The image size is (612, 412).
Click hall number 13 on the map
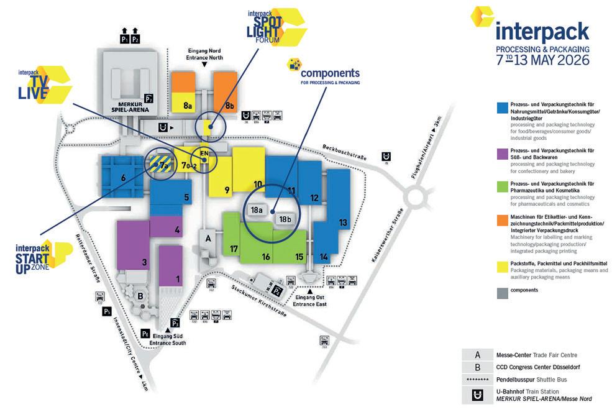pos(342,222)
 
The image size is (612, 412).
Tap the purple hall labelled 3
pos(144,262)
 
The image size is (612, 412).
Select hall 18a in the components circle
pos(257,211)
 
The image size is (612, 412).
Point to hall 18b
pos(285,219)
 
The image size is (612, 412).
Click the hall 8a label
pos(187,106)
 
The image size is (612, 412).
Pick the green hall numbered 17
pos(234,249)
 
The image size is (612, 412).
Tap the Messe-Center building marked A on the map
pos(208,239)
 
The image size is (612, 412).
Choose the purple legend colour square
pos(500,152)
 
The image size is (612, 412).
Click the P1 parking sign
pos(125,39)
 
